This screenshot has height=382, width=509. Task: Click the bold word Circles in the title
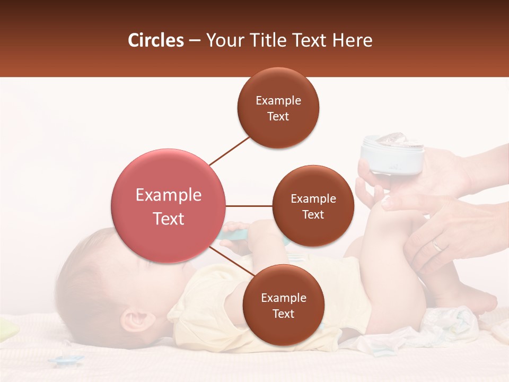(x=156, y=40)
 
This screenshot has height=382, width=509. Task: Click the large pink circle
(x=168, y=206)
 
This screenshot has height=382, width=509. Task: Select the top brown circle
(x=278, y=108)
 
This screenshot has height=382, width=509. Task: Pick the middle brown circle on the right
(x=313, y=206)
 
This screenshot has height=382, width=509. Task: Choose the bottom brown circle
(x=283, y=305)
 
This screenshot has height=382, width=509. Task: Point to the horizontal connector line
(x=249, y=206)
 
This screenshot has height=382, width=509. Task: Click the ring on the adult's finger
(x=437, y=245)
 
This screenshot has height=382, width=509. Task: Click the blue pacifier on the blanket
(x=67, y=361)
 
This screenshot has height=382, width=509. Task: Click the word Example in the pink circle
(x=168, y=195)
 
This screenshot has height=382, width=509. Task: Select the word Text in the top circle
(x=278, y=116)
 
